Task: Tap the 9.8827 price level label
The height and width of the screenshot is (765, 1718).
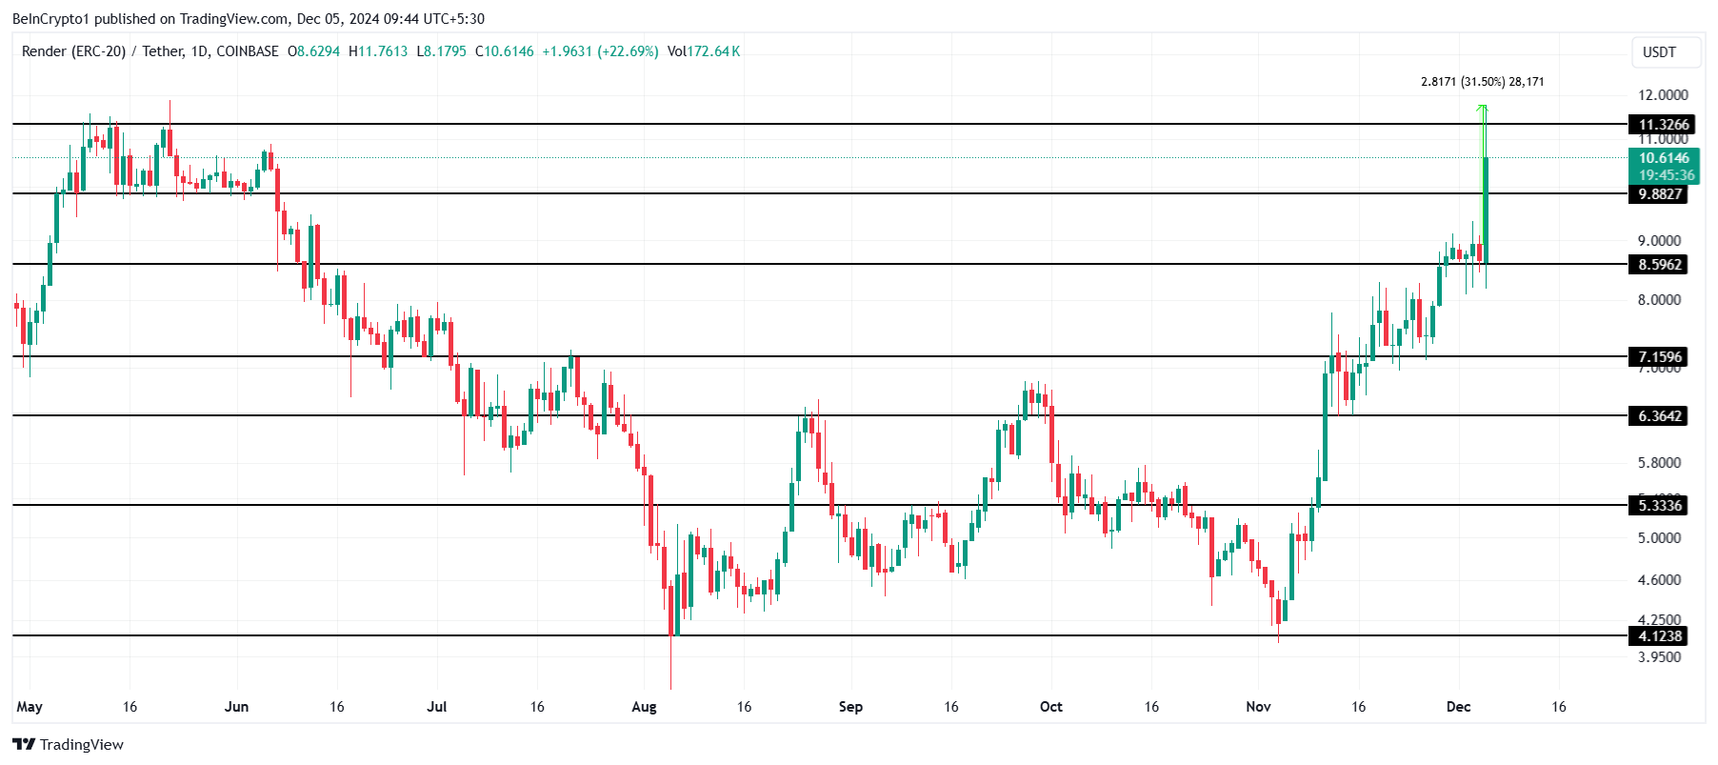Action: [1659, 194]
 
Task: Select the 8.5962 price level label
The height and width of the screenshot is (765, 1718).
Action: [1659, 265]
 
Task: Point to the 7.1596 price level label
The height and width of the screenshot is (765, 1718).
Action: [1659, 357]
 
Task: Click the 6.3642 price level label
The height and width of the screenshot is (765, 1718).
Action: [1659, 416]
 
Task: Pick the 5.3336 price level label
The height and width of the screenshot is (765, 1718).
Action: [1659, 506]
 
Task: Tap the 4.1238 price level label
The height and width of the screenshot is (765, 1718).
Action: [1659, 636]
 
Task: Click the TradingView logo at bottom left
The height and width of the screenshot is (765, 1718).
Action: [68, 744]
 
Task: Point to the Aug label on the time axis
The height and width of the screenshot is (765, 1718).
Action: [644, 707]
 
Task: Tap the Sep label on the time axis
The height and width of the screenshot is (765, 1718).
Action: [850, 707]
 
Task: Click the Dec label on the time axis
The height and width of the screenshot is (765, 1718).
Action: [1458, 707]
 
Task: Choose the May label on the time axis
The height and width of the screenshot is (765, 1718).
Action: [30, 707]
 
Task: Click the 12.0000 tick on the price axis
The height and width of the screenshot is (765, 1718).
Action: [1663, 95]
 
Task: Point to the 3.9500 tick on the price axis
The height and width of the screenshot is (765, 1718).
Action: [1659, 657]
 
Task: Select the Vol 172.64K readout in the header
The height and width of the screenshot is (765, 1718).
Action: [704, 51]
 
